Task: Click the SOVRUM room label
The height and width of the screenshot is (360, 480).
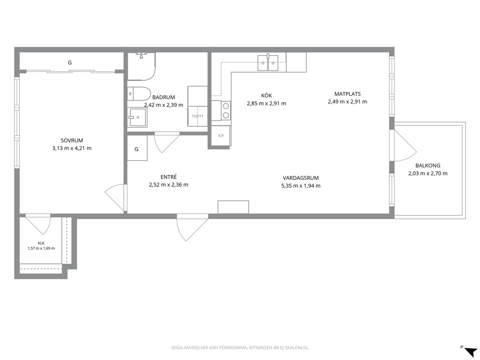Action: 72,140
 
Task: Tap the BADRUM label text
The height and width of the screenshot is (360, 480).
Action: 164,97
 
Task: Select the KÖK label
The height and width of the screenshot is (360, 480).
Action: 266,96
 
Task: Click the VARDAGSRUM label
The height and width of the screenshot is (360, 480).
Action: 300,178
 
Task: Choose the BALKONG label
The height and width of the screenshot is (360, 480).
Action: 428,165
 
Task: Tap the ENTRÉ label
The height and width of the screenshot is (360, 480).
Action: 169,177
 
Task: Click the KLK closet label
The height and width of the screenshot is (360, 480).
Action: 41,243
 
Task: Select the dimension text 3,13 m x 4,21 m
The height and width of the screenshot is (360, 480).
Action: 72,149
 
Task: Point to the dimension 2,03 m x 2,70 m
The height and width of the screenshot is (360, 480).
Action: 428,174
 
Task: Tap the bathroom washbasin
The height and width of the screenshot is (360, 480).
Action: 137,117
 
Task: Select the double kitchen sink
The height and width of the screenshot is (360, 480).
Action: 268,62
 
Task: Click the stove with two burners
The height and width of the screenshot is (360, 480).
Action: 225,110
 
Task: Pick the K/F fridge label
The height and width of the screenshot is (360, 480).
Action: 221,135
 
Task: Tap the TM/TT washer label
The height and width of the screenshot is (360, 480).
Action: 197,116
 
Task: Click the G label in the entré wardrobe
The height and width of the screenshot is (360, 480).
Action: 136,149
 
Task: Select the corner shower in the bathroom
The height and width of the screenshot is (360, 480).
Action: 141,66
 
